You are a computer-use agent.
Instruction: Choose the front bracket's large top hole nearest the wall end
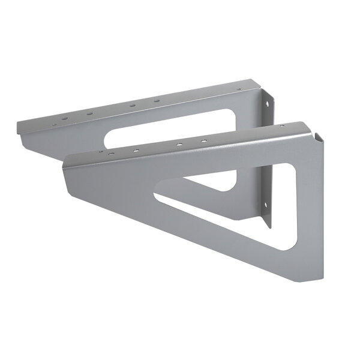tap(203, 141)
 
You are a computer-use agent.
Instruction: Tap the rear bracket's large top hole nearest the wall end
tap(156, 101)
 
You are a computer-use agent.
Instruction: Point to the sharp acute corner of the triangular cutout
tap(157, 194)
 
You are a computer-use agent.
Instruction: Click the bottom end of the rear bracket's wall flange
tap(268, 227)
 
